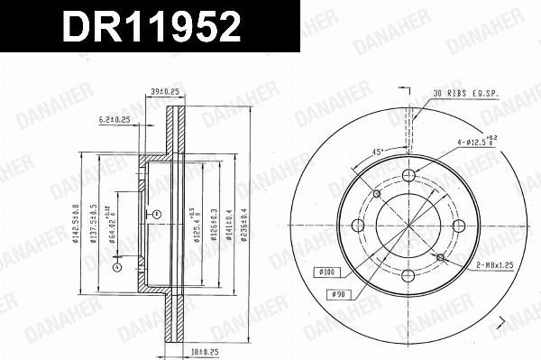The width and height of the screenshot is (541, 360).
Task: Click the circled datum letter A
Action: [115, 266]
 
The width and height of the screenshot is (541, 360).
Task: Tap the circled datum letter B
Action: [156, 214]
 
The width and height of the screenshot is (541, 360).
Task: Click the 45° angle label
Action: [378, 151]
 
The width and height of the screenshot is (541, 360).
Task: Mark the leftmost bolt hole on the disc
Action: [357, 226]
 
